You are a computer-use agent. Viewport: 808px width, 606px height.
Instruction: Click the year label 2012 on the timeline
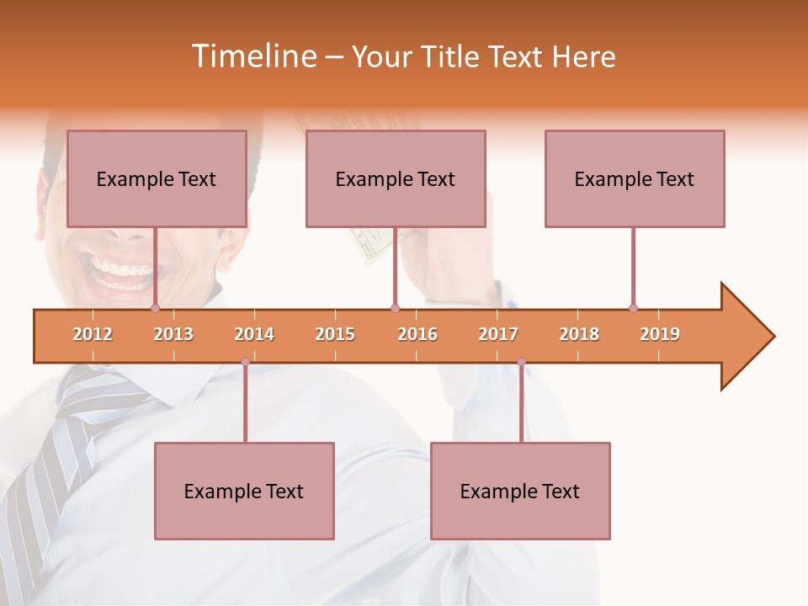(x=93, y=334)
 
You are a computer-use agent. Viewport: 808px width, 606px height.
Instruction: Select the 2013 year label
(x=173, y=334)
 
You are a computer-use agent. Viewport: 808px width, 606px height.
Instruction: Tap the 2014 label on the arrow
(x=254, y=334)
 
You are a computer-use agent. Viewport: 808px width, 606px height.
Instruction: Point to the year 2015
(x=335, y=334)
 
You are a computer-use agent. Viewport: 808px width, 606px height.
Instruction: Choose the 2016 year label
(x=417, y=334)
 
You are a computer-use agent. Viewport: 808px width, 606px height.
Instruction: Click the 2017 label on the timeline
(x=498, y=334)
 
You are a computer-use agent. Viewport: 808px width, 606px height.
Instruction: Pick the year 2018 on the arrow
(x=579, y=334)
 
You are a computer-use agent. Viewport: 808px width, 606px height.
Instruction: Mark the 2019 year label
(x=660, y=334)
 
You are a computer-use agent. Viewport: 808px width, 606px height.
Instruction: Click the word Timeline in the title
(x=252, y=56)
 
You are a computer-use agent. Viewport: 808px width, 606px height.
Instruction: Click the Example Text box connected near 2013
(x=157, y=178)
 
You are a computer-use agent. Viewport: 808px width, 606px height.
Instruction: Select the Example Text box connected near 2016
(x=396, y=178)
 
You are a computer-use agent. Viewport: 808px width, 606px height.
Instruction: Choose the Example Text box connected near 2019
(x=635, y=178)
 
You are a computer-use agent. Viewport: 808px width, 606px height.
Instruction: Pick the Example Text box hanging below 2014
(x=244, y=491)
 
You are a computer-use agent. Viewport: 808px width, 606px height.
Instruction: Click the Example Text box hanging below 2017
(x=520, y=491)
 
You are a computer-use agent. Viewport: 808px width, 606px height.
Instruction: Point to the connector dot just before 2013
(x=155, y=309)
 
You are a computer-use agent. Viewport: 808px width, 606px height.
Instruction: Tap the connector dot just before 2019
(x=633, y=309)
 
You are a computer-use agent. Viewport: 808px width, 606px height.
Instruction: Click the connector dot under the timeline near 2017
(x=521, y=362)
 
